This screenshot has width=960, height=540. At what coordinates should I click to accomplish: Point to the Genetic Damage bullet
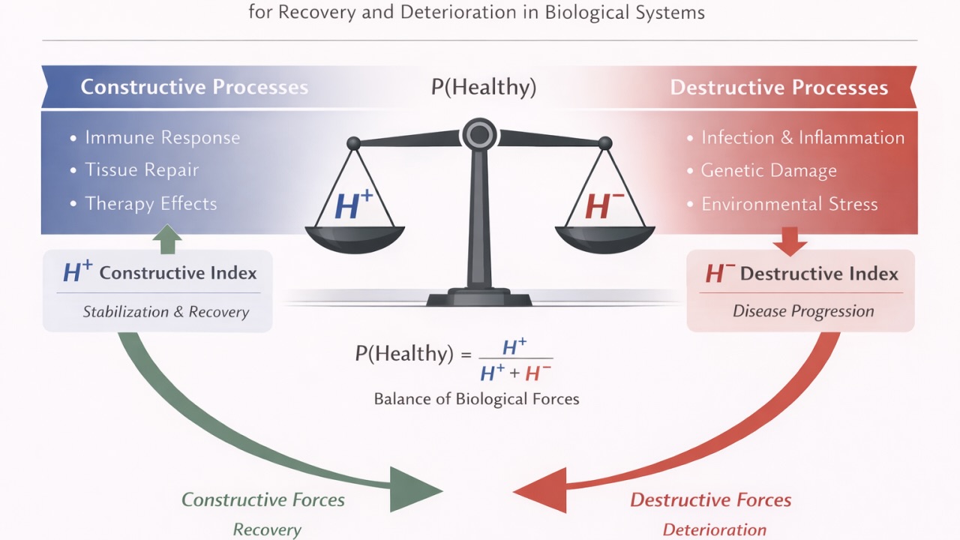[x=768, y=171]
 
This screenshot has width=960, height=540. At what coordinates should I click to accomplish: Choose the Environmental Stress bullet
[x=789, y=204]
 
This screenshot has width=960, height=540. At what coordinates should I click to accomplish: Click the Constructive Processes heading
[x=194, y=87]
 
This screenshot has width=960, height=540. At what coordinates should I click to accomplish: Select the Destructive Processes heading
[x=778, y=87]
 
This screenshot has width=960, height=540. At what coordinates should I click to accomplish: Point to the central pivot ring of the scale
[x=478, y=135]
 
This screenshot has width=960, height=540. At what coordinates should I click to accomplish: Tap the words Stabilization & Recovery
[x=166, y=312]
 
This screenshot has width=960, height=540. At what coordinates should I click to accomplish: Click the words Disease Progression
[x=803, y=311]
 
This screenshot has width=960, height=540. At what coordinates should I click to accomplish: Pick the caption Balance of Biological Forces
[x=476, y=399]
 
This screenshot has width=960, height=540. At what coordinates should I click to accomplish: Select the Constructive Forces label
[x=263, y=499]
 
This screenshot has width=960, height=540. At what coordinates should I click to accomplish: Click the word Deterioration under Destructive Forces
[x=714, y=529]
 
